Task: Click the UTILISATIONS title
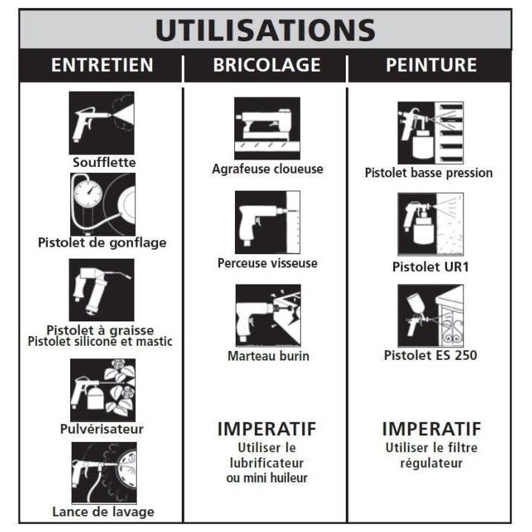pos(265,30)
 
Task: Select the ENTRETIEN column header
pos(102,65)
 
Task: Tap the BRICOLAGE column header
pos(267,65)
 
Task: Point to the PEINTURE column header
pos(432,65)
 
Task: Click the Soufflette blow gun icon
pos(101,123)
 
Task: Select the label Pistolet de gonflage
pos(102,242)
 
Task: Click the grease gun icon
pos(101,290)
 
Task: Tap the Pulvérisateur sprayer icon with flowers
pos(103,390)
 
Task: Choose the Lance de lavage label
pos(103,511)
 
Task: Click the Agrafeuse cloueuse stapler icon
pos(267,129)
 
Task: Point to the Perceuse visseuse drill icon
pos(267,222)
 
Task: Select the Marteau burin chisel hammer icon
pos(268,316)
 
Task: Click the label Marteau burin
pos(268,356)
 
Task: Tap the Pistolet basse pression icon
pos(431,133)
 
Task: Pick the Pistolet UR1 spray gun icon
pos(431,224)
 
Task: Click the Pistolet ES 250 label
pos(431,355)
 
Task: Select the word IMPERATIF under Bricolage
pos(267,429)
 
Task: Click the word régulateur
pos(432,463)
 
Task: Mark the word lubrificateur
pos(267,463)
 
